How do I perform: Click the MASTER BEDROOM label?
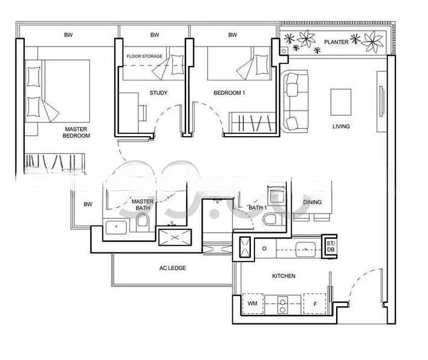76,133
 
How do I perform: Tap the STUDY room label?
158,93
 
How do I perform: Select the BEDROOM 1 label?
229,93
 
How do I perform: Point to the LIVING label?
341,127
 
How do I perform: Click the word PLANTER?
336,42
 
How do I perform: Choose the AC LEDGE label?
172,268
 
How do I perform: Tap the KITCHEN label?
283,276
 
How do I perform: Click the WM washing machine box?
253,304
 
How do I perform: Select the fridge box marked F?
315,304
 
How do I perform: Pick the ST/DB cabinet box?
330,247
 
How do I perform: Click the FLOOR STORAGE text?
145,56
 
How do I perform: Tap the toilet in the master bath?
143,222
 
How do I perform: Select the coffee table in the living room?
341,102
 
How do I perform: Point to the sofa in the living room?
295,101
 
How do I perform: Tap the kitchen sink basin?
306,249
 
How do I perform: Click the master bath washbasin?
116,227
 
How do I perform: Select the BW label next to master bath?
88,204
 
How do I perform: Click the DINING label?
312,202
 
